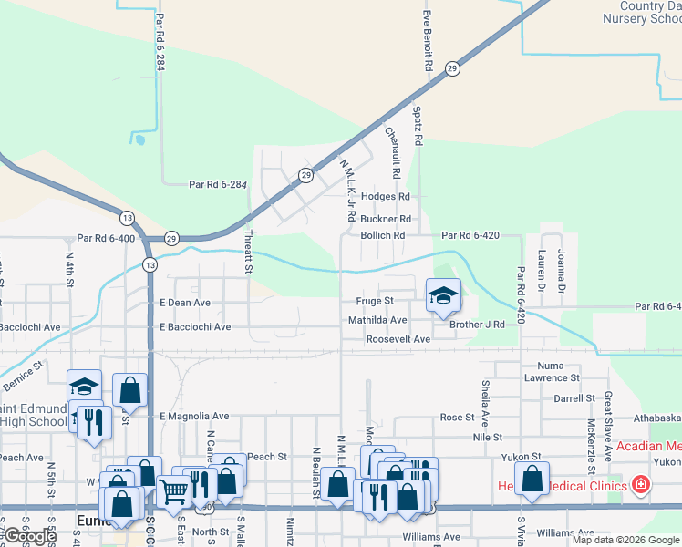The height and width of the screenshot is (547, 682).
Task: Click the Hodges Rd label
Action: [x=386, y=196]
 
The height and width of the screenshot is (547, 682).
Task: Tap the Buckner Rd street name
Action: [x=386, y=219]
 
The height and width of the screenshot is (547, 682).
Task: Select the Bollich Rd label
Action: [x=383, y=235]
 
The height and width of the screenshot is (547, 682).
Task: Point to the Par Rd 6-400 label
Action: [x=106, y=238]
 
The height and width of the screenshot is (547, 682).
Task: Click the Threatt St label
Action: [x=247, y=252]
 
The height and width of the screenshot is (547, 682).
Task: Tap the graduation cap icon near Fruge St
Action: [x=443, y=295]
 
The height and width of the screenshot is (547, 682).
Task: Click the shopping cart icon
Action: [x=174, y=490]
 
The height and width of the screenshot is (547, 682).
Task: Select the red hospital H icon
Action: [x=641, y=484]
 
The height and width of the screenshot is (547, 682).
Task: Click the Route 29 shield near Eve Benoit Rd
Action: [x=452, y=68]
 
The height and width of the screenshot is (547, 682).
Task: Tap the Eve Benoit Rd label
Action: [x=427, y=42]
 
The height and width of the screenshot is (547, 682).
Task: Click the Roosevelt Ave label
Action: [x=398, y=339]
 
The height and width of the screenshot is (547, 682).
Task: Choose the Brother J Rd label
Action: [x=477, y=325]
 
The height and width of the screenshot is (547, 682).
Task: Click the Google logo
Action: [x=29, y=536]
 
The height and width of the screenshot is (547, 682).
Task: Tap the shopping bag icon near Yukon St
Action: [x=532, y=479]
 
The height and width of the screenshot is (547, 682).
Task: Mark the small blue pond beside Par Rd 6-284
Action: [x=138, y=139]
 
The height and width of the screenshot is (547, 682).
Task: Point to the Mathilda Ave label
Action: [x=377, y=320]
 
